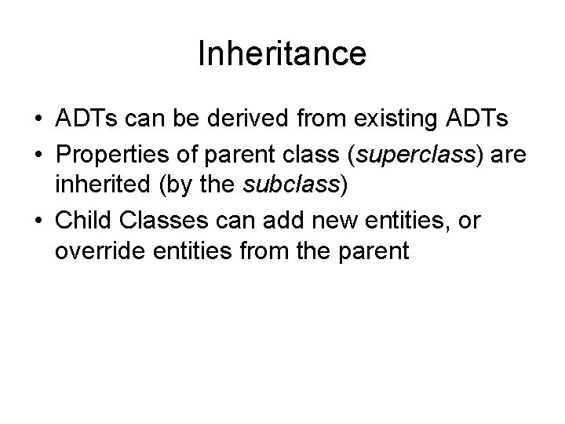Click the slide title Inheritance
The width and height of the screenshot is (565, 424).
coord(282,54)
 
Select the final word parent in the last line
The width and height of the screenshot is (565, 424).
coord(377,252)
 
